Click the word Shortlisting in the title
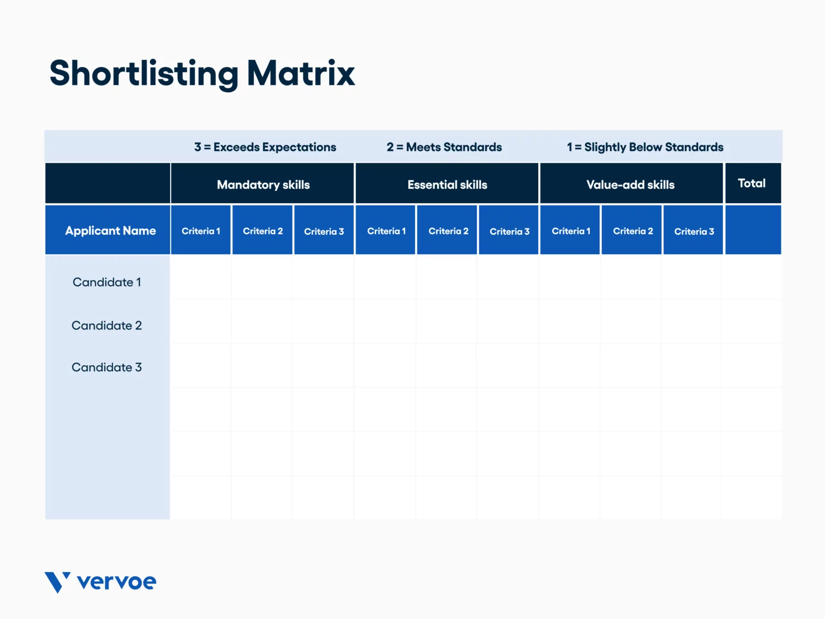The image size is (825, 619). (143, 74)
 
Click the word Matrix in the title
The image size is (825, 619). (301, 74)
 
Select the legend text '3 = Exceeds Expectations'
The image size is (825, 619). (265, 147)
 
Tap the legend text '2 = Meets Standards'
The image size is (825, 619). (444, 147)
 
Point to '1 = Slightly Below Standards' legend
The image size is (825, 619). (645, 147)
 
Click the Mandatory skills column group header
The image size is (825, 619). (263, 185)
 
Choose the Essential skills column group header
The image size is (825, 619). (447, 185)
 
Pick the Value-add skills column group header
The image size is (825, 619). (631, 185)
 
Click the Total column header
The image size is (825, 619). (751, 183)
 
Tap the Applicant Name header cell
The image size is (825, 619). (110, 231)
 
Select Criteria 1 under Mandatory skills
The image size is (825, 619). (201, 231)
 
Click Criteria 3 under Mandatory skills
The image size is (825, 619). (324, 232)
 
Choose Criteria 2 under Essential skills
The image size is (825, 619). (448, 231)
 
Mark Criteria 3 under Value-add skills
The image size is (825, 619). (694, 232)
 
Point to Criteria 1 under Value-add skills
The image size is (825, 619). (571, 231)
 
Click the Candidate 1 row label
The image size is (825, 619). (107, 282)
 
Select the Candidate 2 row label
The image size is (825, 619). (107, 326)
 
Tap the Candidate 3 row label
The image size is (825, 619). (107, 368)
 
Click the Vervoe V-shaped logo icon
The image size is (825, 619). (57, 582)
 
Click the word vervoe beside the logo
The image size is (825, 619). (117, 582)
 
